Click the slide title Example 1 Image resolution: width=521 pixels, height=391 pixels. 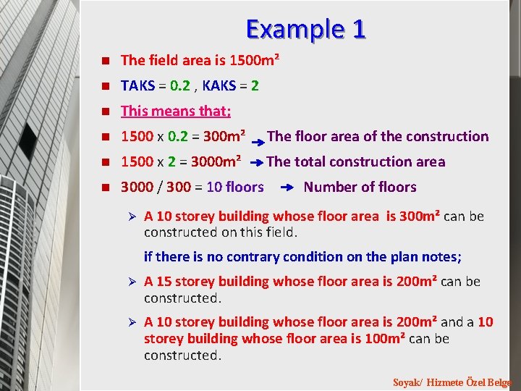306,29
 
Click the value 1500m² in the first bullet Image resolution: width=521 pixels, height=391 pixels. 253,60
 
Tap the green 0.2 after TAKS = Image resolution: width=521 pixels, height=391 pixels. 181,85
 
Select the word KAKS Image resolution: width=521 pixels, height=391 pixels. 219,85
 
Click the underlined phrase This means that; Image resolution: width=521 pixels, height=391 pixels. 176,111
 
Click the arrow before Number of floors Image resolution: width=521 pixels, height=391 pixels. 286,188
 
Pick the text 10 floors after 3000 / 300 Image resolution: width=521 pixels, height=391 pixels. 235,187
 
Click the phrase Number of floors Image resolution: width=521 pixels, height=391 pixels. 360,187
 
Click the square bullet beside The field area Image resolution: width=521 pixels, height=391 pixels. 105,61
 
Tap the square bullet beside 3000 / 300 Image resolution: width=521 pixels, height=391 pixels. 105,188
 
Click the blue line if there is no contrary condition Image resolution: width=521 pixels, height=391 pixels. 302,256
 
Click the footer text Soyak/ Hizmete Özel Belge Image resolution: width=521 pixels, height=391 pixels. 452,382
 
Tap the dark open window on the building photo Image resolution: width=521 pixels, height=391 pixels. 27,141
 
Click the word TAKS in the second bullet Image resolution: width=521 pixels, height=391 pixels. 137,85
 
